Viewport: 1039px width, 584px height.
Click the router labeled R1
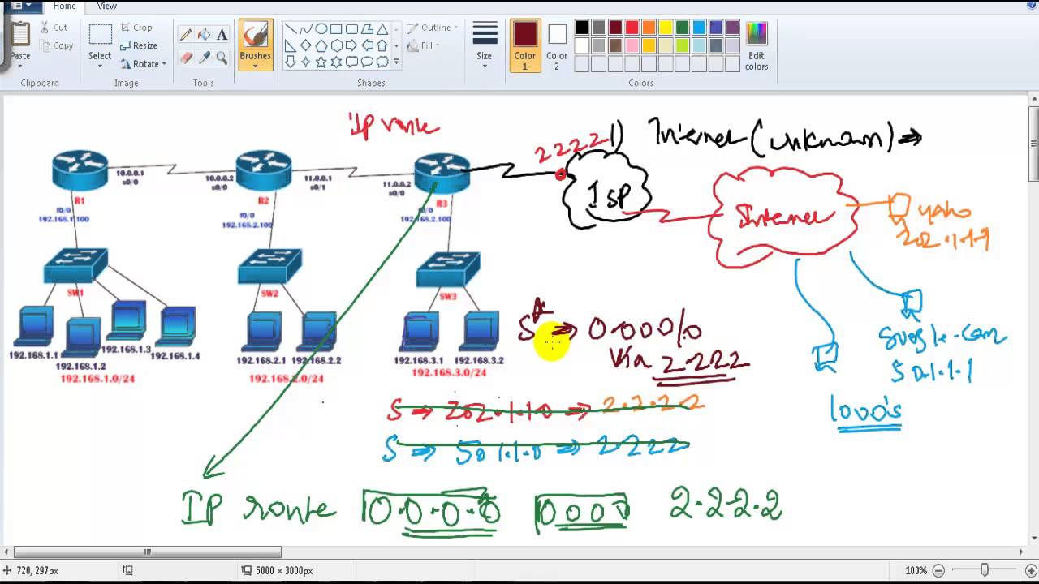(x=80, y=169)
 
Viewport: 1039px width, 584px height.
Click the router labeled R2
(x=263, y=169)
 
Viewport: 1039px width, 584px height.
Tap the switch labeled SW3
(x=447, y=270)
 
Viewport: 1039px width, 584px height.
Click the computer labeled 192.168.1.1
(x=34, y=327)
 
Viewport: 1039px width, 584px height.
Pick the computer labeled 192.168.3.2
(x=480, y=329)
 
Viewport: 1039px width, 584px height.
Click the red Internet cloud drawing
(x=783, y=217)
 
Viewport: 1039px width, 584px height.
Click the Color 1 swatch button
(x=524, y=45)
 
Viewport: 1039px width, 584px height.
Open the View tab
(x=106, y=6)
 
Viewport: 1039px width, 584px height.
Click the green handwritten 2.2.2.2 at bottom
(x=725, y=505)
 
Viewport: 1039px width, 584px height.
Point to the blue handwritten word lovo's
(x=865, y=410)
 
